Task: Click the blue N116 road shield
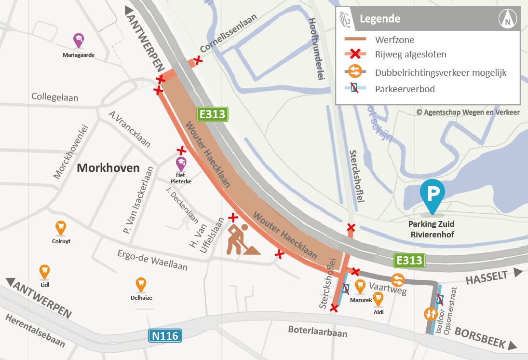click(165, 336)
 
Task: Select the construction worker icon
click(242, 239)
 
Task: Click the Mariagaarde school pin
click(78, 40)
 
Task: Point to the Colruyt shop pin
click(60, 227)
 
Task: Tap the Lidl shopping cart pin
click(45, 271)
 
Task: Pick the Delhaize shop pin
click(141, 284)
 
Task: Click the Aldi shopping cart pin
click(379, 299)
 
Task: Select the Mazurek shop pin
click(360, 287)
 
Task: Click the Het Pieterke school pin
click(181, 164)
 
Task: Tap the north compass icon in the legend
click(507, 19)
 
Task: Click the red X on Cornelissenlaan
click(197, 60)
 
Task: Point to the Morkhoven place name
click(108, 168)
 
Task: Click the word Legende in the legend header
click(380, 19)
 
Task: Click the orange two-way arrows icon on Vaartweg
click(398, 280)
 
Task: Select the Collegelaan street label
click(55, 97)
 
